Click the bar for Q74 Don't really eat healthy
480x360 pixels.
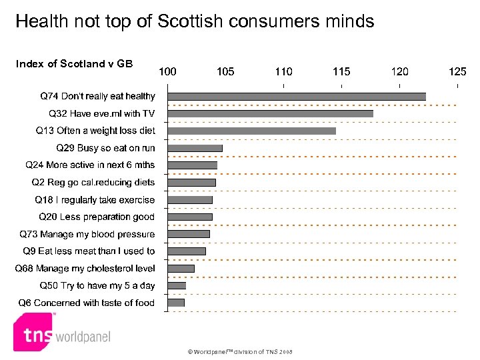click(297, 96)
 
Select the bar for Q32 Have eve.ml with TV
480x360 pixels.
click(270, 113)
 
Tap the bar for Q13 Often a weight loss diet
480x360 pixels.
click(251, 131)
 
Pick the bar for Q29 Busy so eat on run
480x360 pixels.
click(195, 148)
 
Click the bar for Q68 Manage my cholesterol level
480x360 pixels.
click(181, 268)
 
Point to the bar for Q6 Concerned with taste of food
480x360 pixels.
click(176, 303)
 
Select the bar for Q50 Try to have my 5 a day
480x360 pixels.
click(177, 285)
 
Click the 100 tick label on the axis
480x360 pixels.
click(167, 71)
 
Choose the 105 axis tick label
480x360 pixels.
click(225, 71)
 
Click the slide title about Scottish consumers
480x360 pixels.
click(195, 21)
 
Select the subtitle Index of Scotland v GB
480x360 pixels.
click(74, 64)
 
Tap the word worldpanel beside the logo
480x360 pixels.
click(83, 337)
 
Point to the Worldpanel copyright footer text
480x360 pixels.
click(239, 352)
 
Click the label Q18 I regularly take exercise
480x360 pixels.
click(95, 199)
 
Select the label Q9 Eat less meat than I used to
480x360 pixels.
click(89, 251)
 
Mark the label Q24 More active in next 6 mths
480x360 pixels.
click(90, 165)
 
